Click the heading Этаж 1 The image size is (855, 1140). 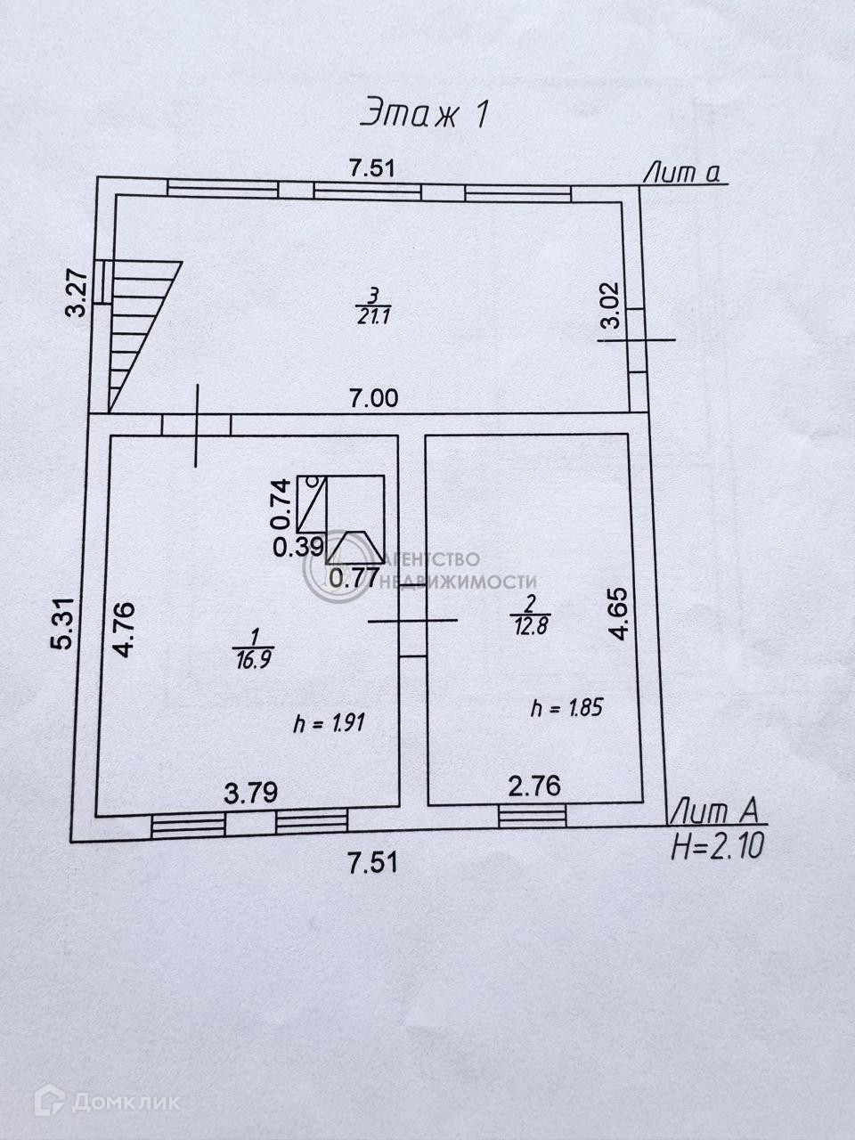426,113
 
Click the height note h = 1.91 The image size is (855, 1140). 330,723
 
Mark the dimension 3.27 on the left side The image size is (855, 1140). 78,295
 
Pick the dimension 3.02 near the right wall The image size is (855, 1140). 611,306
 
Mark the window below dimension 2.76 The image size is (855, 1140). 533,814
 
